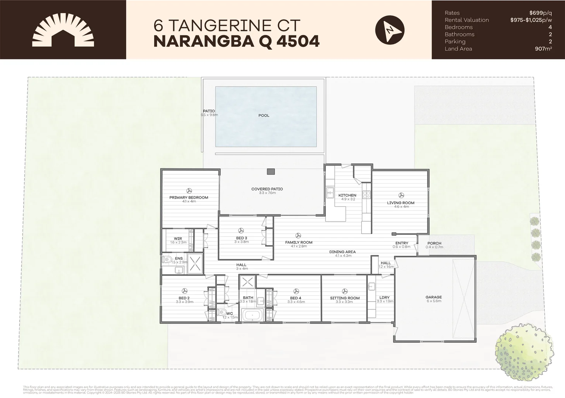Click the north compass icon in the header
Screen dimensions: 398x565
point(390,30)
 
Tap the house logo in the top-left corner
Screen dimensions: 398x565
point(63,30)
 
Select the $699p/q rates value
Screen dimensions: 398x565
point(540,13)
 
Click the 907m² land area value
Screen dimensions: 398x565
point(543,49)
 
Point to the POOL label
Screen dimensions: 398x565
point(264,115)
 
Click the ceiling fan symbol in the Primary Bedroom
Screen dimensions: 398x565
point(189,191)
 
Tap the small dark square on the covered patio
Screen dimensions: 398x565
point(271,171)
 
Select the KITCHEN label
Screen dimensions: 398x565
point(347,195)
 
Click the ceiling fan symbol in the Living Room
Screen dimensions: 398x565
point(401,195)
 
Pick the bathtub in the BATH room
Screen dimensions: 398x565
point(252,316)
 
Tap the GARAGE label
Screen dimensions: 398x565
point(434,297)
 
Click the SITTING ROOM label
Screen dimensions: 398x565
point(345,298)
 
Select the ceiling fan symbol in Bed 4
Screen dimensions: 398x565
point(295,291)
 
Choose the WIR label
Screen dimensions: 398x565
point(178,238)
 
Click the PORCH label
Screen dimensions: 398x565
point(434,243)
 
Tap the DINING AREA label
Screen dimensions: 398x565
point(342,252)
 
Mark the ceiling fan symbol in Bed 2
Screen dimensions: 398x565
point(184,291)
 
